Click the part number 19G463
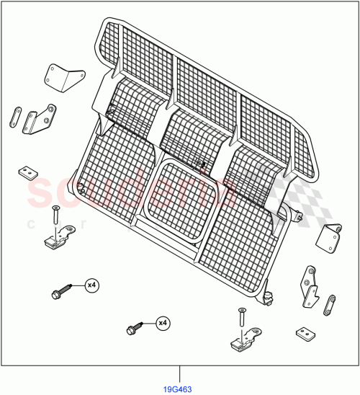(x=179, y=386)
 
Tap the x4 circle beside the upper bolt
(x=91, y=286)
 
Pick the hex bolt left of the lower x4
(x=133, y=329)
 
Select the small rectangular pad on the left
(x=27, y=172)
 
